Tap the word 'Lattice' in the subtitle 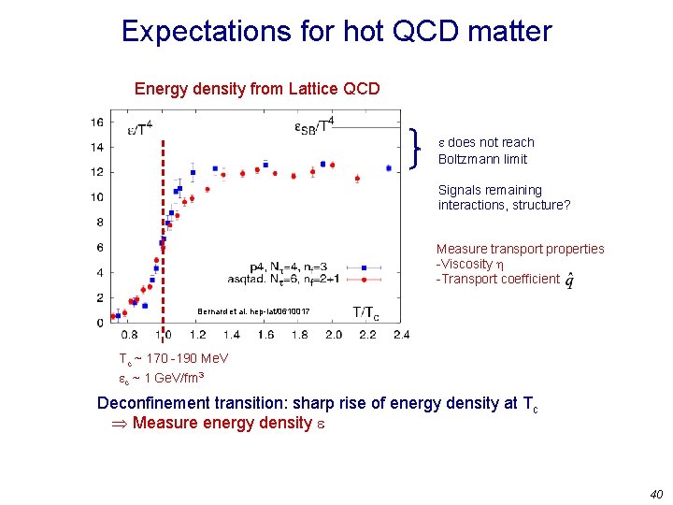click(288, 90)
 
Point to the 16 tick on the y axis click(97, 122)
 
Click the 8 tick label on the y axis click(100, 223)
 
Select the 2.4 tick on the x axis click(401, 334)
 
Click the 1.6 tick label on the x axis click(265, 334)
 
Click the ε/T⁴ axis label click(139, 129)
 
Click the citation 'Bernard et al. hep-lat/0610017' click(253, 311)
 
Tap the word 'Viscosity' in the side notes click(473, 264)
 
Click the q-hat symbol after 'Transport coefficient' click(570, 281)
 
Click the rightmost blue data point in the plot click(389, 168)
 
